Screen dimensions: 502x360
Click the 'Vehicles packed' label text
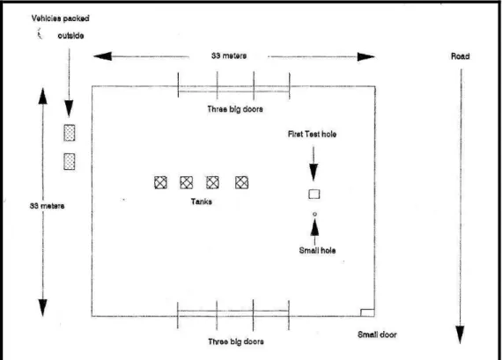tap(60, 18)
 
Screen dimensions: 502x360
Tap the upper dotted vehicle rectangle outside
tap(70, 133)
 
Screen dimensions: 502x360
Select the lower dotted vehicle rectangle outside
tap(70, 161)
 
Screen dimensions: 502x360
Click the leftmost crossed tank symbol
tap(160, 182)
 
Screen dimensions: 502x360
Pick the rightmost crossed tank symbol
tap(241, 182)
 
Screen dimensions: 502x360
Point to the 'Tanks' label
tap(202, 202)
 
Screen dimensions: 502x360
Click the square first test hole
tap(314, 195)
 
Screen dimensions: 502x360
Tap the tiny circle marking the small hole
tap(314, 214)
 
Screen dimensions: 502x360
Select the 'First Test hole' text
tap(312, 134)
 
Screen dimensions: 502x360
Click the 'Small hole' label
tap(317, 250)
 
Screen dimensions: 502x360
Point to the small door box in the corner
tap(367, 312)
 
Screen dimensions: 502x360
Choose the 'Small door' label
tap(377, 334)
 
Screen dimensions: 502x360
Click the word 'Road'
tap(461, 56)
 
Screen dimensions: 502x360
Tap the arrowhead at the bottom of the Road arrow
tap(461, 334)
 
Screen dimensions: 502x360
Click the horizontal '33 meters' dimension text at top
tap(229, 55)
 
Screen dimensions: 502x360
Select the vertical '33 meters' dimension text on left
tap(47, 206)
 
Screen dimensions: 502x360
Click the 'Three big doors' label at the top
tap(235, 109)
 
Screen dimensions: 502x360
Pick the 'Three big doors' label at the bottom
tap(236, 342)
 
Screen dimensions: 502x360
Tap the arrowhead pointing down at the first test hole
tap(314, 173)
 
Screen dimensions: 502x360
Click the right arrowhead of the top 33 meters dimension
tap(366, 57)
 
